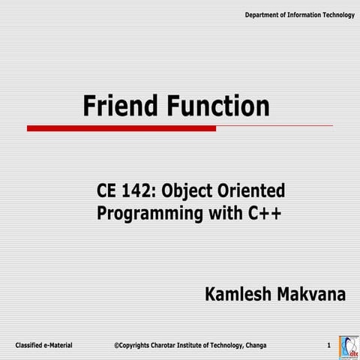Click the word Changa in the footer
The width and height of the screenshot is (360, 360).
[251, 344]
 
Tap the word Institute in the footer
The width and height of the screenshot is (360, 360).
[193, 344]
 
